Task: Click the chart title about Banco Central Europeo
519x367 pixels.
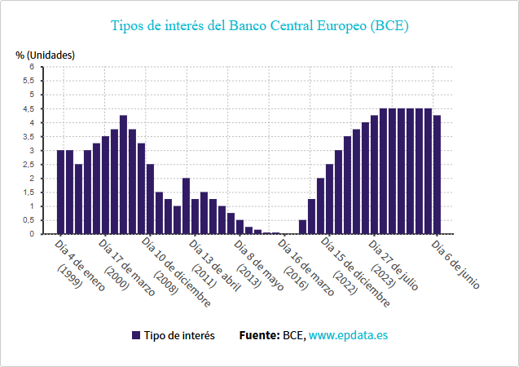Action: tap(259, 26)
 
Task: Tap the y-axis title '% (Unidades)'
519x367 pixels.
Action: tap(45, 55)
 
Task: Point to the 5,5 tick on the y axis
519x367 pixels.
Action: tap(29, 81)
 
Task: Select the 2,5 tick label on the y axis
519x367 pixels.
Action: tap(29, 165)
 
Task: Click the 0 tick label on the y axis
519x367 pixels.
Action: tap(32, 234)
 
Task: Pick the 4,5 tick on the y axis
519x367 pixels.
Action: tap(29, 109)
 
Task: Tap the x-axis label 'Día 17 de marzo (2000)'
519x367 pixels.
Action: tap(125, 267)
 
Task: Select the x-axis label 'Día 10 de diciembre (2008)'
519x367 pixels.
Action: tap(175, 272)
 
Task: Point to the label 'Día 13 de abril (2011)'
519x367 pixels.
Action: tap(214, 265)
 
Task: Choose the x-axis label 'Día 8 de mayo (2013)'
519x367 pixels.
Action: tap(258, 265)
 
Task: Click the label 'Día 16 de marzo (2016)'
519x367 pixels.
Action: tap(306, 267)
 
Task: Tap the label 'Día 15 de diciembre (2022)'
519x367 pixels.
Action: tap(355, 272)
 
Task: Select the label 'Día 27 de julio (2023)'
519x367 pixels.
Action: tap(394, 265)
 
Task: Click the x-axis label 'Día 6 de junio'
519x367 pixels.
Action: tap(455, 264)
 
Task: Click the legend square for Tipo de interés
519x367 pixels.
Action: tap(136, 335)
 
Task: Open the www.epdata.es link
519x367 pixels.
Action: tap(348, 335)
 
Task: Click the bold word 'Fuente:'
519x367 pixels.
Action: tap(259, 335)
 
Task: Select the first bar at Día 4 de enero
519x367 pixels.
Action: tap(60, 192)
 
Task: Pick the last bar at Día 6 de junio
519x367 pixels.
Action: tap(437, 175)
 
